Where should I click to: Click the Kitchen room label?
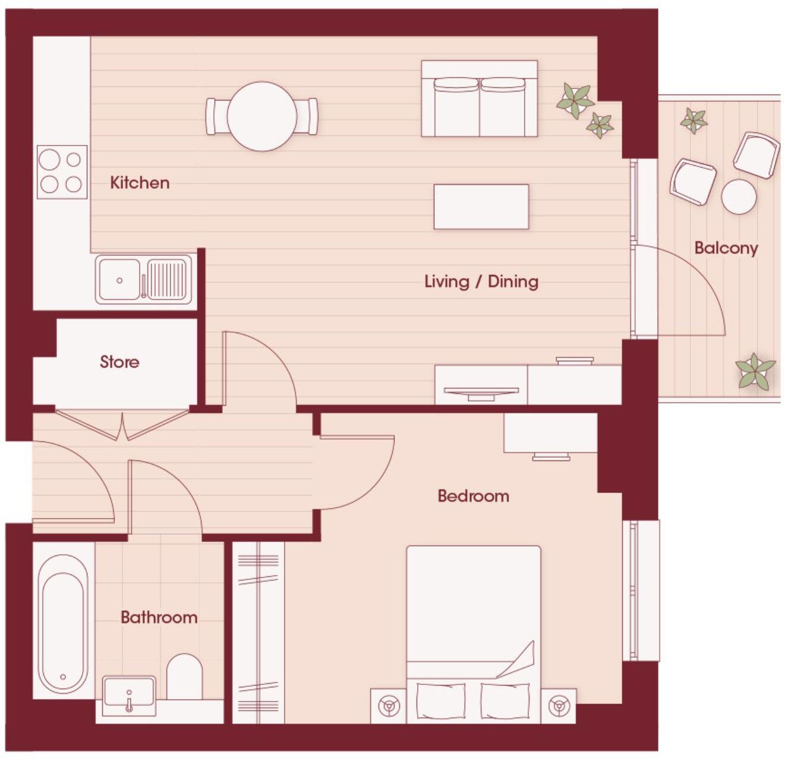[x=140, y=182]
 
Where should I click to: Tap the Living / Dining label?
[x=481, y=281]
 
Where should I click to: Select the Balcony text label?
[x=726, y=248]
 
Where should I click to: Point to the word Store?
[x=119, y=362]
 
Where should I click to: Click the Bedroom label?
[x=473, y=496]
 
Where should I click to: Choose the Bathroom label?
[x=159, y=617]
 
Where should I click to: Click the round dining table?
[x=261, y=116]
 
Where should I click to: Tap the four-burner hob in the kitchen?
[x=62, y=172]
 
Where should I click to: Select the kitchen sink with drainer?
[x=144, y=279]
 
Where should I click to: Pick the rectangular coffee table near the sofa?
[x=481, y=207]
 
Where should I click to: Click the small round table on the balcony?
[x=739, y=197]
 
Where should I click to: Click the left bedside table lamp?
[x=389, y=706]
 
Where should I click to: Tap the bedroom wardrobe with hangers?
[x=258, y=632]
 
